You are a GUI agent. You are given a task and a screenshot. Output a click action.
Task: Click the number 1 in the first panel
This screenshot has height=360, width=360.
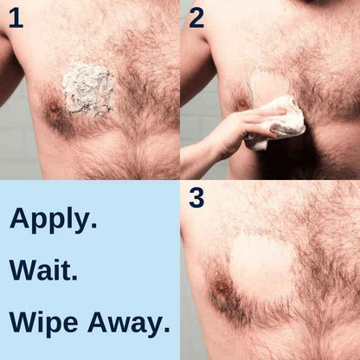tap(16, 17)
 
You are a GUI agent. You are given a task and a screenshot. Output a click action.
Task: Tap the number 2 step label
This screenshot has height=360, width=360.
tap(196, 16)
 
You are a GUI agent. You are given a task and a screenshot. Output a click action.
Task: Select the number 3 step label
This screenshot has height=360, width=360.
tap(196, 197)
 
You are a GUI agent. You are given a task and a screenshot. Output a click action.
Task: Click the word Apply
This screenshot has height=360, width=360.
tap(52, 221)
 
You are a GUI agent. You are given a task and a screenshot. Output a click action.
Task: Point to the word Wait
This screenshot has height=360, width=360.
tap(43, 271)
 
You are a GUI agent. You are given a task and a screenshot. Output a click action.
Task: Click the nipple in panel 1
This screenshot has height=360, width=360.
tap(55, 110)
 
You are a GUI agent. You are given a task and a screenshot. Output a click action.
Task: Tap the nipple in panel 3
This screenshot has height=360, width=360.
tap(222, 286)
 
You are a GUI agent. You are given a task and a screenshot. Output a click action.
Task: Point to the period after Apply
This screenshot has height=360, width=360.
tap(93, 228)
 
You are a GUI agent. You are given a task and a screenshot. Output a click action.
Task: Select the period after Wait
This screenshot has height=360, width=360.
tap(75, 279)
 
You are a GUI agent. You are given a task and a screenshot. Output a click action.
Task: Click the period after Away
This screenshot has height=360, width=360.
tap(165, 331)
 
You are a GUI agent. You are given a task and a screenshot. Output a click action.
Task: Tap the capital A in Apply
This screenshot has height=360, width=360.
tap(19, 219)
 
